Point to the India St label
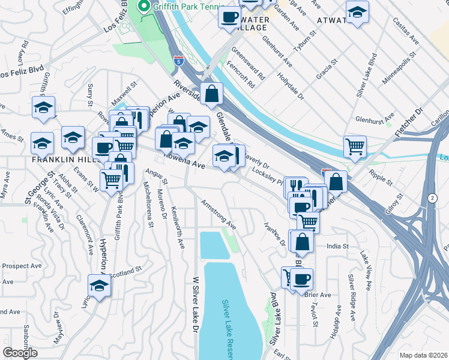click(x=338, y=246)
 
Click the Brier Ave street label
click(x=317, y=295)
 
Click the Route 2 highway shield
click(x=432, y=198)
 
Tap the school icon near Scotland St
click(x=99, y=285)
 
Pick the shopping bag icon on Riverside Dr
click(x=212, y=94)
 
